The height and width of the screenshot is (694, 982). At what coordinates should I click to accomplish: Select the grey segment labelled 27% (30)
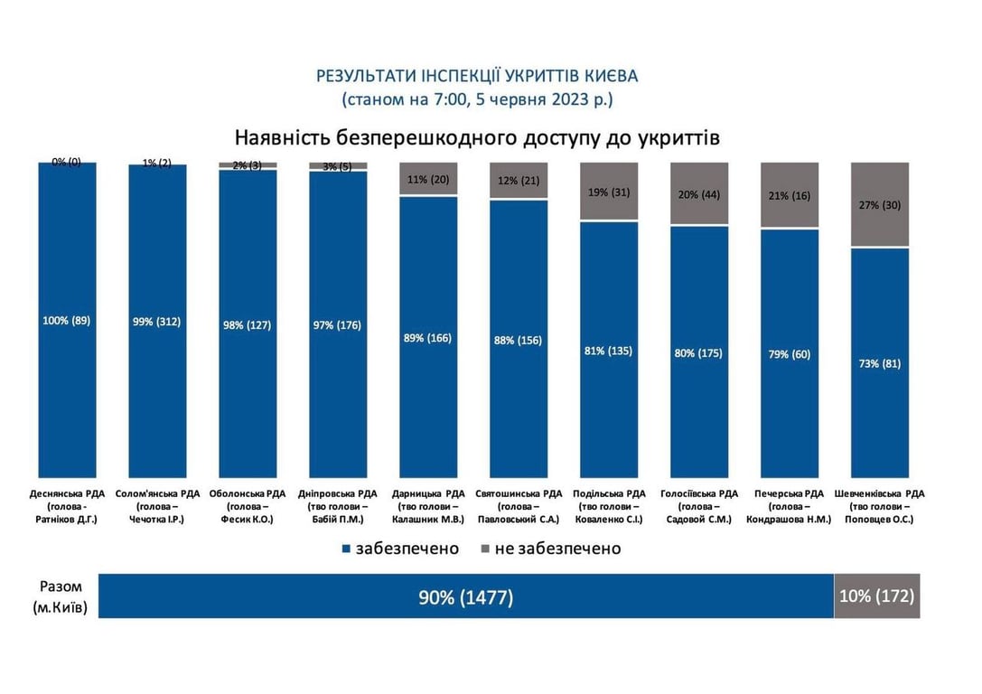(x=881, y=205)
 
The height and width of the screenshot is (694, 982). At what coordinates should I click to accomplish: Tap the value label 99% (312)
(x=157, y=322)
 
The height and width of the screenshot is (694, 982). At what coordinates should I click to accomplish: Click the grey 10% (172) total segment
(x=876, y=596)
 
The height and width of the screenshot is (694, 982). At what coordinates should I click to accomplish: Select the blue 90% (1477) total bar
(x=465, y=596)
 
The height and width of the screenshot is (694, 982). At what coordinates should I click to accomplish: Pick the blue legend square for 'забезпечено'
(x=347, y=549)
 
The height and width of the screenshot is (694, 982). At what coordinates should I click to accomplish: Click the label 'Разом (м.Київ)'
(x=61, y=597)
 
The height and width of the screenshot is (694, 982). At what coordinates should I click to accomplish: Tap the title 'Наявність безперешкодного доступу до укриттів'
(x=477, y=137)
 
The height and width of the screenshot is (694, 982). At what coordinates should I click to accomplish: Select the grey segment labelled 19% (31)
(x=610, y=192)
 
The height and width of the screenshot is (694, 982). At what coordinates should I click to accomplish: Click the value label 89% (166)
(x=428, y=338)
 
